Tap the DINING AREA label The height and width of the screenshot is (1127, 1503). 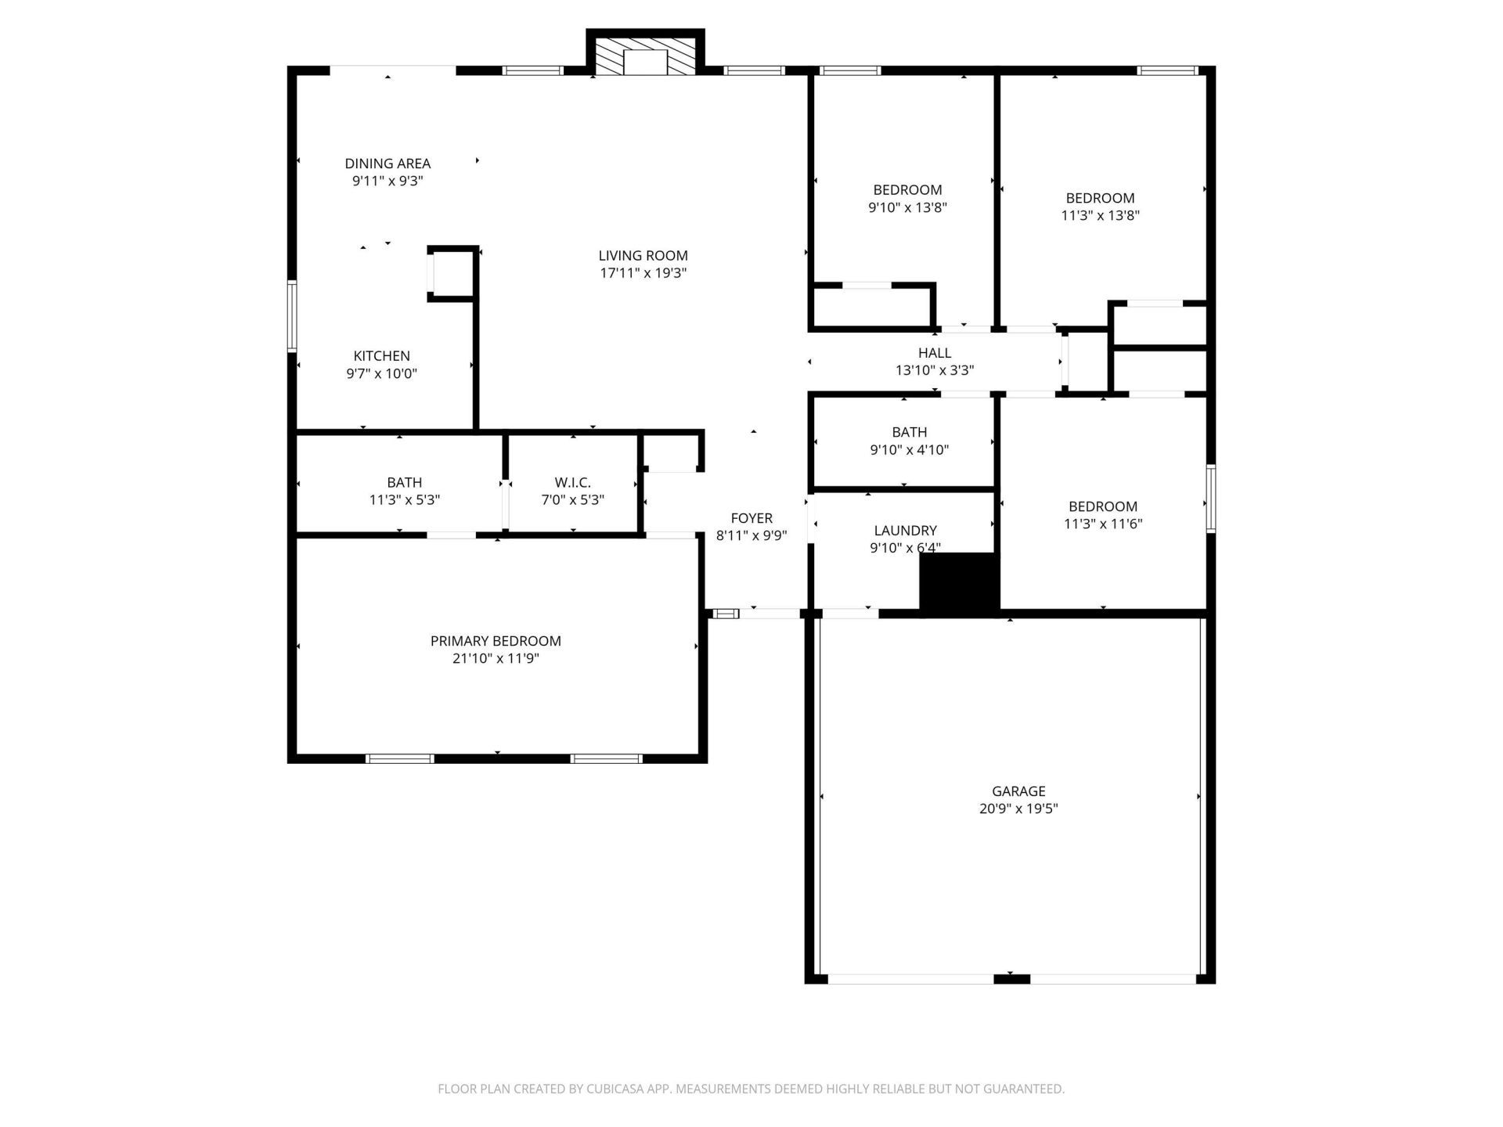coord(387,164)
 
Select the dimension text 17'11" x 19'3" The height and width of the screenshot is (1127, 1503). coord(643,273)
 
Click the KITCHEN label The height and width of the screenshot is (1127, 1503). coord(381,356)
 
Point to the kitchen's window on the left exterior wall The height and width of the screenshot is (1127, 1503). coord(292,316)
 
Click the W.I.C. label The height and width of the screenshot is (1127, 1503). coord(572,483)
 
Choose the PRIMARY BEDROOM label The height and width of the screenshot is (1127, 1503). coord(496,641)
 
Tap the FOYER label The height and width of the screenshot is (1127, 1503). coord(751,518)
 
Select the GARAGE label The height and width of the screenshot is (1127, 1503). coord(1018,791)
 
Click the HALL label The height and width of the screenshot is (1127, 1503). coord(935,353)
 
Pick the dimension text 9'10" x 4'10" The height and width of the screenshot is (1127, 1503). coord(909,450)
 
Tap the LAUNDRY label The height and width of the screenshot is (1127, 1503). coord(905,531)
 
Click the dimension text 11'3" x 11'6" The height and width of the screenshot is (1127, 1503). coord(1103,524)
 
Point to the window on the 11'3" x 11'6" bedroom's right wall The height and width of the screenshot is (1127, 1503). coord(1210,499)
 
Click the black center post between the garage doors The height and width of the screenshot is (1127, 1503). coord(1011,978)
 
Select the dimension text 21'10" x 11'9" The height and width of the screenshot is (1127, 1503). coord(496,659)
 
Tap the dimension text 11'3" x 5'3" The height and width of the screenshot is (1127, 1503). coord(404,500)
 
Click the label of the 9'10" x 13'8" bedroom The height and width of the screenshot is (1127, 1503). coord(907,190)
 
